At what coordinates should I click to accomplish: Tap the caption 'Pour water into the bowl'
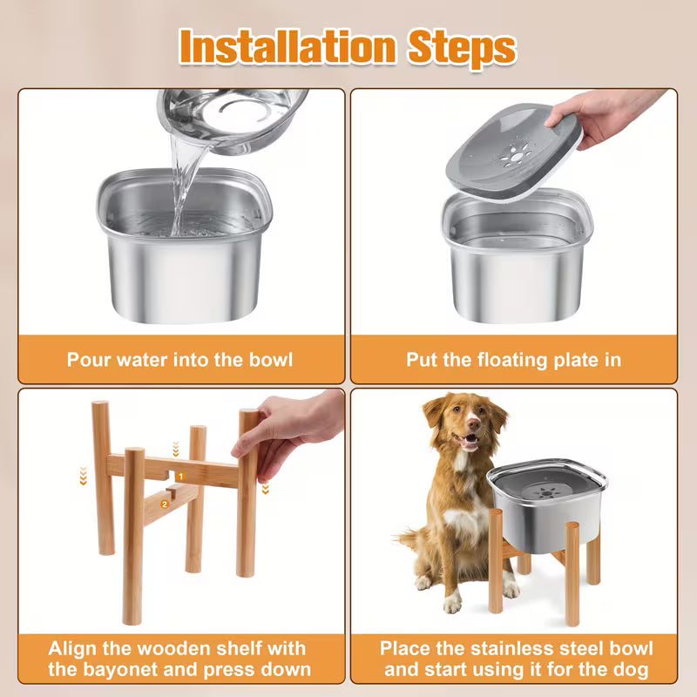(179, 359)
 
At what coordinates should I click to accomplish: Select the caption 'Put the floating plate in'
(514, 359)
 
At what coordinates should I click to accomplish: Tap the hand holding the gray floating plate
(610, 113)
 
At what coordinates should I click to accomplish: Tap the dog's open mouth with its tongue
(468, 443)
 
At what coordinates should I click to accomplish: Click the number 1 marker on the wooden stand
(180, 477)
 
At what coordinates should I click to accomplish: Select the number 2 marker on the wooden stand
(164, 504)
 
